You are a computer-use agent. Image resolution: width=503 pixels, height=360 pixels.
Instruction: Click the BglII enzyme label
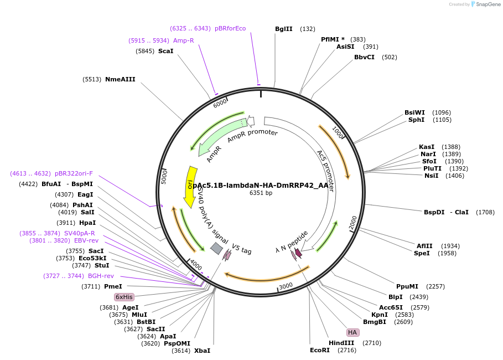(283, 29)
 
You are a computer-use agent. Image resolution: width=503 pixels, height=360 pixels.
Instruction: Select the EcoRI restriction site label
(319, 350)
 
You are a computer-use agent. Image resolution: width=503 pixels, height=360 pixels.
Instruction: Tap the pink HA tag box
(352, 332)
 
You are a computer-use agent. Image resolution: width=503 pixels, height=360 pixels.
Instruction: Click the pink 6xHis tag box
(124, 297)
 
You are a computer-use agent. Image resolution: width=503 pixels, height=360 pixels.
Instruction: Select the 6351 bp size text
(261, 193)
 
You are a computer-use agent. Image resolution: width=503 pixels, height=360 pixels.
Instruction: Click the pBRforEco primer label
(230, 28)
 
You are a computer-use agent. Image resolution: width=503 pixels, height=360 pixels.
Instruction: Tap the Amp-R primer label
(184, 40)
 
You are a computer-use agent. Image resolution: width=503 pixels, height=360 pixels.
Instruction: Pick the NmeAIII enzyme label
(120, 79)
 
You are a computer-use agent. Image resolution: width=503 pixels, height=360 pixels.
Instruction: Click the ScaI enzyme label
(165, 51)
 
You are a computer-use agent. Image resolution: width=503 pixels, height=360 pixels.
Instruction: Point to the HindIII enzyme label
(341, 343)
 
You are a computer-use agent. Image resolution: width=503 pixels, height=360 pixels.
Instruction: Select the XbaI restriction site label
(202, 351)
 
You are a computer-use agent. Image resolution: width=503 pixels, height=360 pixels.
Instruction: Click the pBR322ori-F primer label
(74, 173)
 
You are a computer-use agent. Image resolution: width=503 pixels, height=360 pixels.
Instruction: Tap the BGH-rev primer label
(101, 276)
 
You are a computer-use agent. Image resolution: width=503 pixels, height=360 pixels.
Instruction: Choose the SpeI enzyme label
(422, 253)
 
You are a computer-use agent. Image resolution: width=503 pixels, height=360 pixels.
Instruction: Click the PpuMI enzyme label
(407, 286)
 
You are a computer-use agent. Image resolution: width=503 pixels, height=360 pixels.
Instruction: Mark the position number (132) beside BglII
(308, 29)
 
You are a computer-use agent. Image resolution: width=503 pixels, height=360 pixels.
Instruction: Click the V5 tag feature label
(241, 249)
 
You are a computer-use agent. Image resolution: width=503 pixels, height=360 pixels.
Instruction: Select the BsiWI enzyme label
(415, 112)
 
